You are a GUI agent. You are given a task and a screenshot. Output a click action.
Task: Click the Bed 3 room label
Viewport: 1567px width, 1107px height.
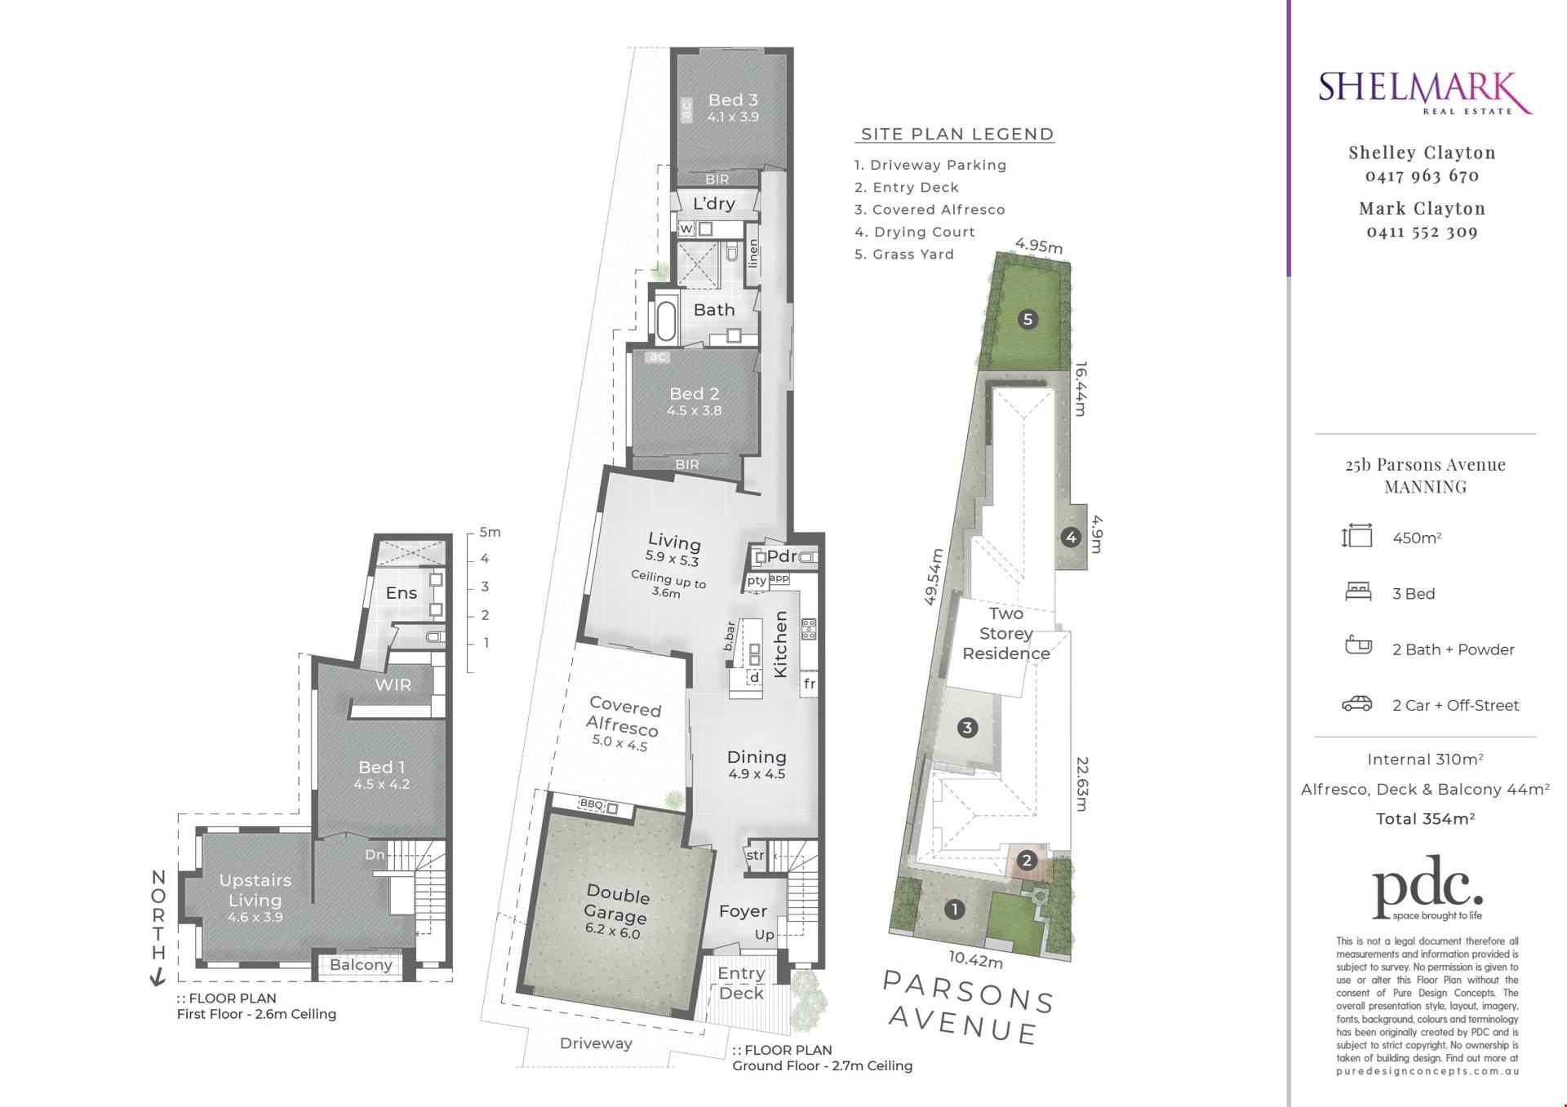[733, 100]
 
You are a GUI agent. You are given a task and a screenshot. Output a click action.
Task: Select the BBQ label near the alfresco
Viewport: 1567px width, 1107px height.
[591, 804]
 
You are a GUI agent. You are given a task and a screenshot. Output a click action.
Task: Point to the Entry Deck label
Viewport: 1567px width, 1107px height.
[741, 983]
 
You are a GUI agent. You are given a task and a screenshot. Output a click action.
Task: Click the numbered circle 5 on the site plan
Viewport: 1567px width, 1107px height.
[1028, 319]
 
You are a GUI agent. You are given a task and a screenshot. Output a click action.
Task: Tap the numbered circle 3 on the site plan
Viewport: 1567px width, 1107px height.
[967, 727]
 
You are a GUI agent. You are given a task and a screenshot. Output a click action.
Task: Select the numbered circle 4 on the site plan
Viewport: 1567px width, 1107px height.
[1070, 537]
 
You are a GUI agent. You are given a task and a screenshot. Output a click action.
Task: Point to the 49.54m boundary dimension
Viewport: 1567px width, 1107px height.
[934, 576]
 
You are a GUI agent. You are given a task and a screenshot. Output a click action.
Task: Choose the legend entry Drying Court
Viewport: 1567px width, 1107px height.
[915, 232]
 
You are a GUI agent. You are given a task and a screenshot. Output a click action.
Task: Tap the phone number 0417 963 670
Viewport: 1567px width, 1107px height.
[1422, 175]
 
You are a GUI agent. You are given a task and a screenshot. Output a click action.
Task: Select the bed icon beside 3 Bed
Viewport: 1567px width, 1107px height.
[1357, 592]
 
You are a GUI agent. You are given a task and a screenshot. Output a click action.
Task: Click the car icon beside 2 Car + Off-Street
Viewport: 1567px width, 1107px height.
[1357, 704]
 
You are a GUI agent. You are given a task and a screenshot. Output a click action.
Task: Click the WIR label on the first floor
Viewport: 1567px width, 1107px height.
[393, 685]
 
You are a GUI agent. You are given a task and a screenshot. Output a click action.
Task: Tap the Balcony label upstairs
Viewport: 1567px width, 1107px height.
[361, 964]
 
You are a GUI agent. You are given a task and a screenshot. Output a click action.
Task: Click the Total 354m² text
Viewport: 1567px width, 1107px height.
[1425, 818]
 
